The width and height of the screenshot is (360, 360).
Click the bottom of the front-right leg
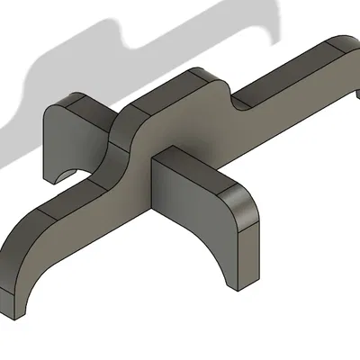(239, 283)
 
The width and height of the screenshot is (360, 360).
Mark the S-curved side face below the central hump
(117, 162)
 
